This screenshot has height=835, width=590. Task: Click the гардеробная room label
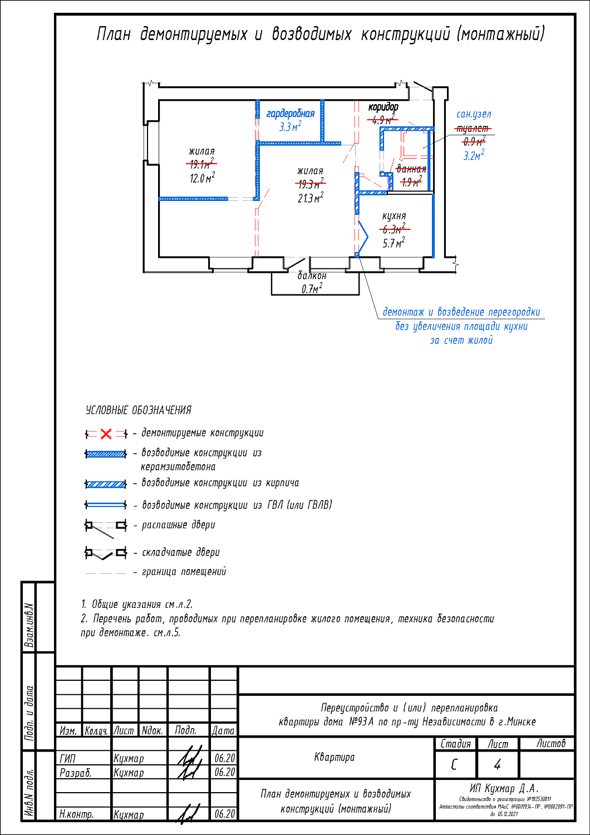290,114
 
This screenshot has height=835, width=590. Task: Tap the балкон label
312,276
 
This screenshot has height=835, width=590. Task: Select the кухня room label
394,216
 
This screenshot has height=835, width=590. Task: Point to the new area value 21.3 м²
311,198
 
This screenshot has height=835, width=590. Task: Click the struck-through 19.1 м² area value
201,164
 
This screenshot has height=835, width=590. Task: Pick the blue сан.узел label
474,114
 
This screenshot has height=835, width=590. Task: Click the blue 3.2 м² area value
473,156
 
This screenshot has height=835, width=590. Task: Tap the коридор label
383,107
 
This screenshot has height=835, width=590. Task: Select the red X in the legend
106,434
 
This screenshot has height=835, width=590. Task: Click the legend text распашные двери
178,525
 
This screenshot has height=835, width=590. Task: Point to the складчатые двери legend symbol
106,553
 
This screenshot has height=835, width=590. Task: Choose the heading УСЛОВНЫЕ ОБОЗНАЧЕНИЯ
139,410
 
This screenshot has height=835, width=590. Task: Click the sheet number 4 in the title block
497,765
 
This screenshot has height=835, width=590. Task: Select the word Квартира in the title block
334,757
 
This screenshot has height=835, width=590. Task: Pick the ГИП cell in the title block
67,758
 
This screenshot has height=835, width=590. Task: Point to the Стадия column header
455,744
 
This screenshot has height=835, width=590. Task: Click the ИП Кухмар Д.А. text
504,788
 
